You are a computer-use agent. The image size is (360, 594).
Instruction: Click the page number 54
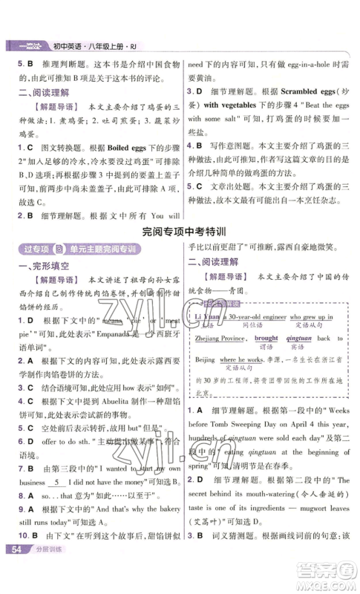(x=15, y=570)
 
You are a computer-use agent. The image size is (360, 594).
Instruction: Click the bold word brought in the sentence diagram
(x=267, y=338)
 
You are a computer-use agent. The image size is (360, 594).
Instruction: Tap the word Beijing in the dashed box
(x=200, y=359)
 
